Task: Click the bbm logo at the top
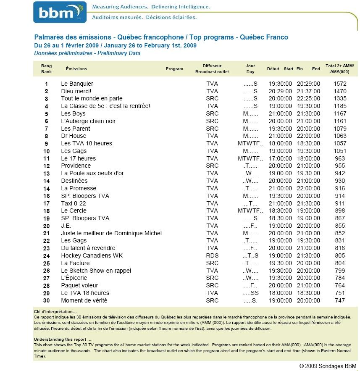59,12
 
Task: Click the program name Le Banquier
77,84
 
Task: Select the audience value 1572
339,84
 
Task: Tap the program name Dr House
74,136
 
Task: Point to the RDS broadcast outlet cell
212,255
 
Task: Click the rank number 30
46,300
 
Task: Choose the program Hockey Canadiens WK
92,255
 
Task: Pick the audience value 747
339,300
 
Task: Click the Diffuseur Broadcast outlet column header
212,69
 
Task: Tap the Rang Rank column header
46,69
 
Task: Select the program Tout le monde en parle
92,99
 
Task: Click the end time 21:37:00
308,91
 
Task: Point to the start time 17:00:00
280,158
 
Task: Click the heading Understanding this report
62,339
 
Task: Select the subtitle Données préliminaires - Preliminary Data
87,53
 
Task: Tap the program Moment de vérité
84,300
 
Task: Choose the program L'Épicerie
74,278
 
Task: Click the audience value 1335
339,99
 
